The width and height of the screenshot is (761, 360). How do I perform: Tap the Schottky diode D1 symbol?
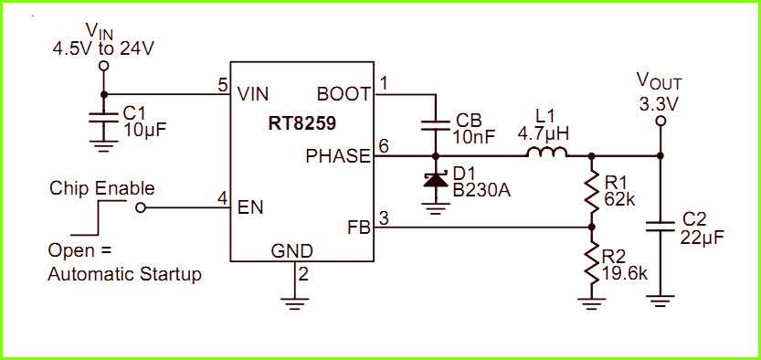click(435, 180)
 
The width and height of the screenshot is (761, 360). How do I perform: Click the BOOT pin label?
click(344, 93)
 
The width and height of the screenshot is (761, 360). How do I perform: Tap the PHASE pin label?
click(338, 155)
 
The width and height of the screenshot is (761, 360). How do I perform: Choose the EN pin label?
click(250, 207)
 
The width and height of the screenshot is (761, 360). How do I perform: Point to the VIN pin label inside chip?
click(252, 93)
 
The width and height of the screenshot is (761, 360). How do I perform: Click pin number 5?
click(222, 85)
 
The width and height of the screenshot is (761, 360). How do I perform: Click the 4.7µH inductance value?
click(544, 133)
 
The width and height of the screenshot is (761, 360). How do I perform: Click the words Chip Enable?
click(101, 188)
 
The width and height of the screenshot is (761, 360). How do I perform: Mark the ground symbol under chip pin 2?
click(294, 297)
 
